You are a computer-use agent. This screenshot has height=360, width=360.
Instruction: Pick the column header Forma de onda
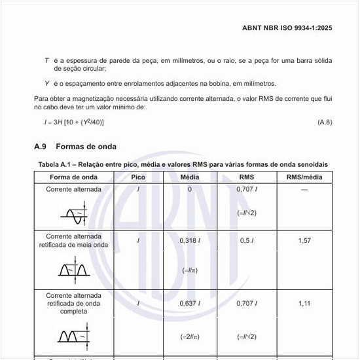coord(73,177)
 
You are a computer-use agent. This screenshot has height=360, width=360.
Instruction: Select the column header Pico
coord(138,177)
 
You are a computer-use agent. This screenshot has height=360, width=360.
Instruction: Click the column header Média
coord(190,177)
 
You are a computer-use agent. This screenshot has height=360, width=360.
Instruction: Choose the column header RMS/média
coord(304,177)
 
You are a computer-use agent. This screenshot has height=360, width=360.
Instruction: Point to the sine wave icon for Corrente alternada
coord(73,212)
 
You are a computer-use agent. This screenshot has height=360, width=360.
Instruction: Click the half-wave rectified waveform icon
coord(73,269)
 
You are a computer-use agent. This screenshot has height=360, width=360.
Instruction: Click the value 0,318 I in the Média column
coord(190,240)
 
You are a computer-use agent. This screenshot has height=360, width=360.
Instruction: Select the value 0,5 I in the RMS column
coord(247,240)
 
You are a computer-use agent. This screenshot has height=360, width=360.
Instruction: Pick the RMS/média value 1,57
coord(304,240)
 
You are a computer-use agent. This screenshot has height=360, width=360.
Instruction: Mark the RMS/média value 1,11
coord(304,304)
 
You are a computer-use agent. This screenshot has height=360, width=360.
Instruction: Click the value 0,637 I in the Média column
coord(190,304)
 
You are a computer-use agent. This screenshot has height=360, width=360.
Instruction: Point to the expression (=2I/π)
coord(190,336)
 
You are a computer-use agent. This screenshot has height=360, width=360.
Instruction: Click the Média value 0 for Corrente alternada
coord(190,189)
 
